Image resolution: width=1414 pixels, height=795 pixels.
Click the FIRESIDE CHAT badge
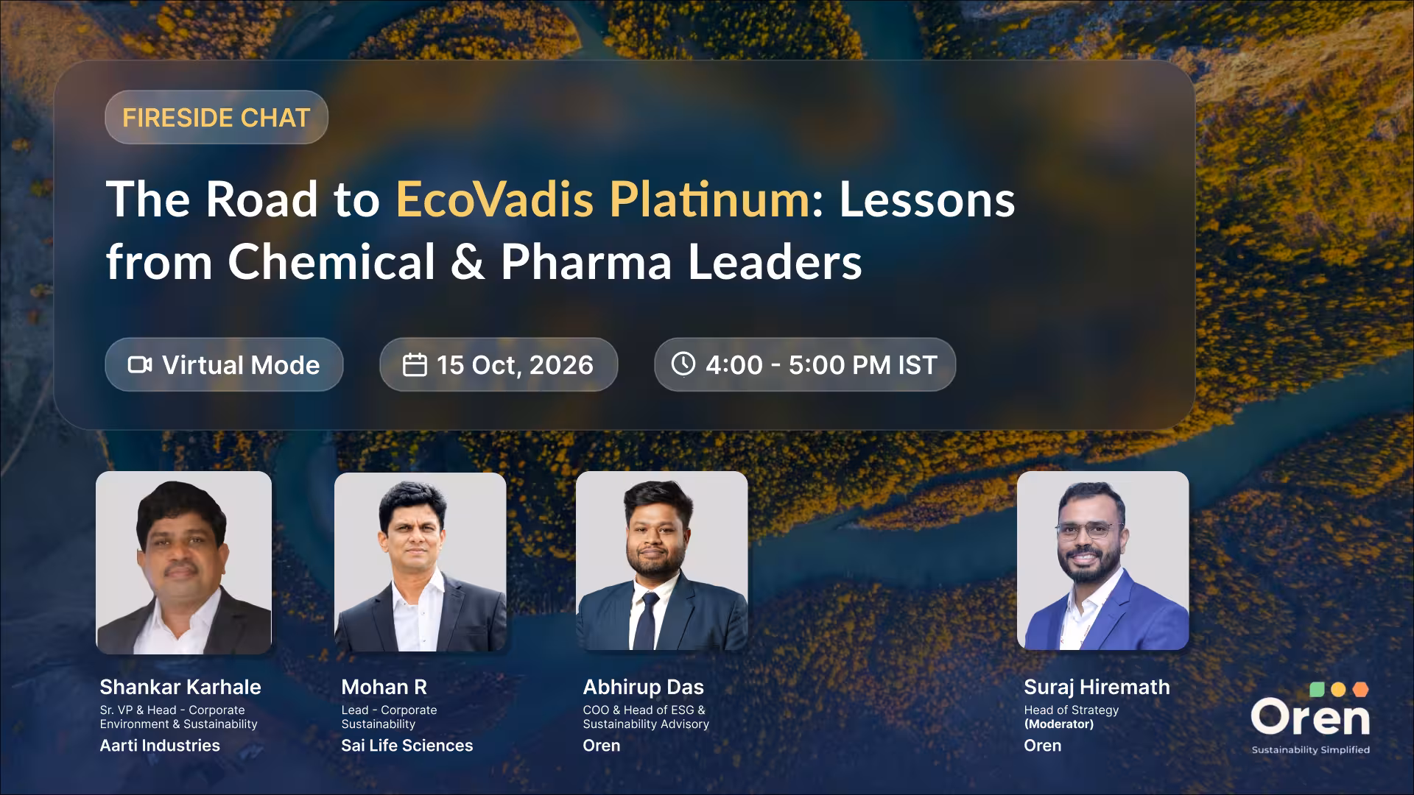point(217,117)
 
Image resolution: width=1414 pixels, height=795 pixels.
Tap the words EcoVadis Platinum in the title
point(602,199)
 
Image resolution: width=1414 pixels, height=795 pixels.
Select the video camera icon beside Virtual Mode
point(140,364)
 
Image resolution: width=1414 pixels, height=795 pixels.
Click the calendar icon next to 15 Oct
point(415,364)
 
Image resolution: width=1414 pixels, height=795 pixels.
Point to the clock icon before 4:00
point(683,364)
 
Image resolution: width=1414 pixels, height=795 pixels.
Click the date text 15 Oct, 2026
point(515,365)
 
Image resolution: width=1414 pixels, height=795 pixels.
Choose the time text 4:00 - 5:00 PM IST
point(821,365)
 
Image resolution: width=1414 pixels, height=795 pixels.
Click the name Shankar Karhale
point(180,687)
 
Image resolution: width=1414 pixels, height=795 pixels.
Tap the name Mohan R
point(384,687)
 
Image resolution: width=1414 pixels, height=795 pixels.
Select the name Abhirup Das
point(643,687)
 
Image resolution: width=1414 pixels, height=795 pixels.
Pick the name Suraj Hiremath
point(1097,687)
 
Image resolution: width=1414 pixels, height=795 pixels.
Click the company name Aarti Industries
point(160,745)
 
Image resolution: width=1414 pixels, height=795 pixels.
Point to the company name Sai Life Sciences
point(407,745)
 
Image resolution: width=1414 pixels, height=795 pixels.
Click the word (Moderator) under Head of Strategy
point(1058,724)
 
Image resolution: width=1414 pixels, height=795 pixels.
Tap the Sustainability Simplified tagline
point(1310,750)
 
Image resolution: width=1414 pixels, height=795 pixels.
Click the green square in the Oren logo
point(1318,689)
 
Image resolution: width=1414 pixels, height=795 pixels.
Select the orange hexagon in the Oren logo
point(1360,690)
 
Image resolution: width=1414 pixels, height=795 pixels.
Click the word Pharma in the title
point(585,262)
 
